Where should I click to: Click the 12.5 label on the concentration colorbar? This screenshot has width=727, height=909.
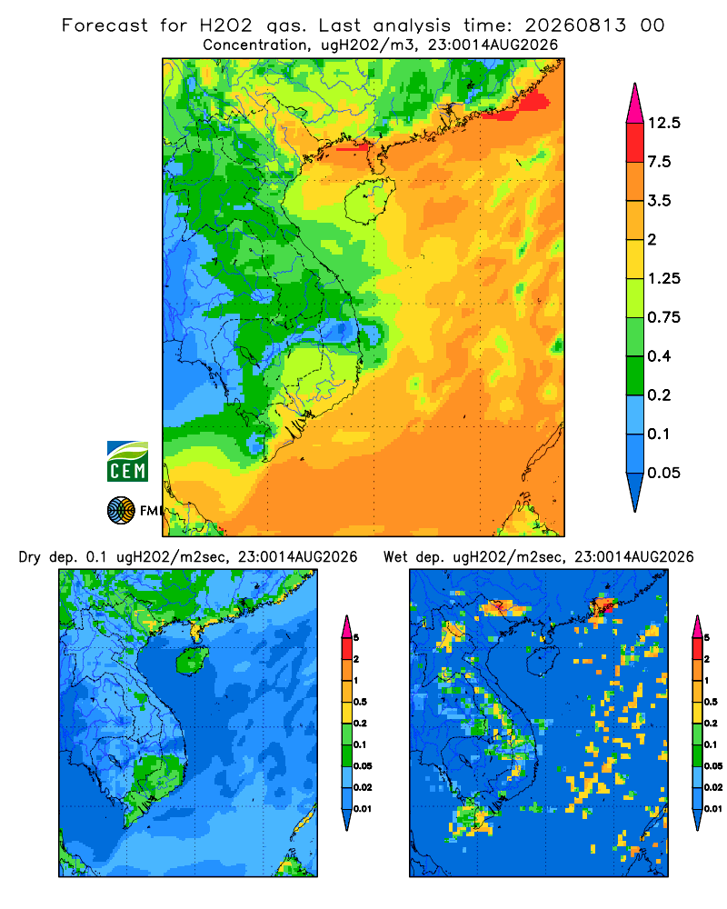click(x=663, y=123)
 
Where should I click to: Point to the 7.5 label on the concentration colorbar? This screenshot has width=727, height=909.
click(x=659, y=162)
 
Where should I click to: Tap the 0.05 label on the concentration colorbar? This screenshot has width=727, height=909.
click(x=663, y=473)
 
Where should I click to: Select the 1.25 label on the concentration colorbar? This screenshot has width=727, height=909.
click(x=663, y=278)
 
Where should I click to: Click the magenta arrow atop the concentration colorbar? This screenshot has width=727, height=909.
click(x=635, y=104)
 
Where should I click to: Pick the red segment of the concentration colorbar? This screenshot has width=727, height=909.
click(x=635, y=143)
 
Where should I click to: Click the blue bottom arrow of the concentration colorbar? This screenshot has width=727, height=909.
click(x=635, y=492)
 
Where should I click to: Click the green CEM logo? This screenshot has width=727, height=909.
click(x=127, y=462)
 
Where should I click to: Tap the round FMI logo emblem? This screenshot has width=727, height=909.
click(x=121, y=510)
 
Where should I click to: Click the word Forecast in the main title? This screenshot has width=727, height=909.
click(x=105, y=25)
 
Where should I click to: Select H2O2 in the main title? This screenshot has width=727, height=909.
click(x=225, y=25)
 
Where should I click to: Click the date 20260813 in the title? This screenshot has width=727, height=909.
click(x=575, y=25)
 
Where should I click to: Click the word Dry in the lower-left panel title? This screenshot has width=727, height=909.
click(x=30, y=558)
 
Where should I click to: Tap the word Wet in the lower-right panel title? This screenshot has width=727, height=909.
click(x=396, y=557)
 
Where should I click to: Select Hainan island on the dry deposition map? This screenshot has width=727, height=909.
click(x=192, y=660)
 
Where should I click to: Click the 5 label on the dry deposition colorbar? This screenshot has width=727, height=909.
click(x=356, y=638)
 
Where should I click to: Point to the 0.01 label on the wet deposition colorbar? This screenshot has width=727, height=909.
click(x=713, y=809)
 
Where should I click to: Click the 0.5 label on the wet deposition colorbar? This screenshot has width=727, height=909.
click(x=711, y=702)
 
